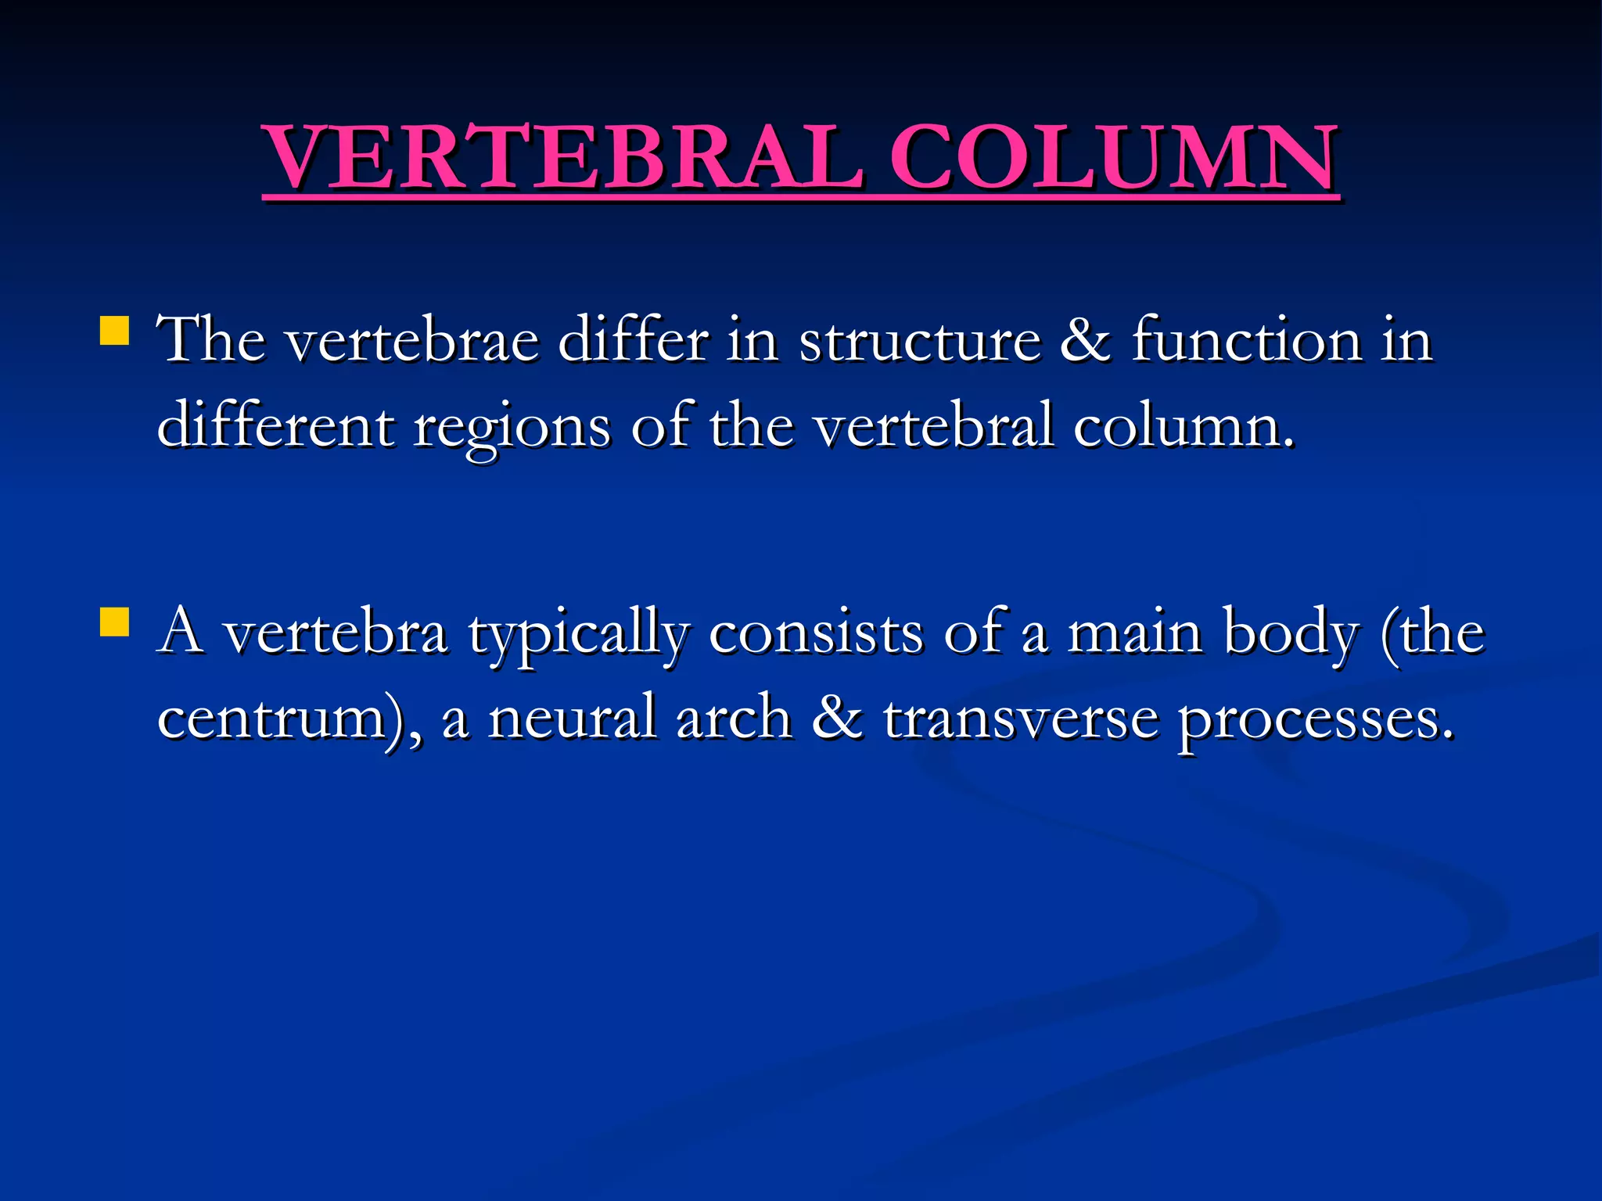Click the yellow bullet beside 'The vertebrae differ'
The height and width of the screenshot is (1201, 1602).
tap(114, 331)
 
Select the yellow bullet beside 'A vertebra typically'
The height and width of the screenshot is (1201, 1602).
tap(114, 623)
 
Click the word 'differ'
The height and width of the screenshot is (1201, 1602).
tap(633, 341)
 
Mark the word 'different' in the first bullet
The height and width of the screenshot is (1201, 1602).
tap(275, 426)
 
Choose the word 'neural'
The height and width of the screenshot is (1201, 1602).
tap(572, 718)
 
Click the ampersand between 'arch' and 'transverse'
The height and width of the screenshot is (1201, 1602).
tap(837, 718)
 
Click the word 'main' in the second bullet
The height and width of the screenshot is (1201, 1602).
tap(1135, 633)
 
